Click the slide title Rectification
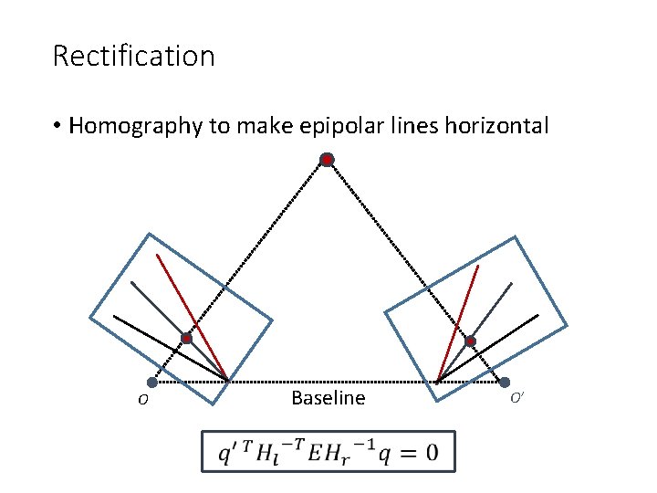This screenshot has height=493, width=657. pyautogui.click(x=133, y=56)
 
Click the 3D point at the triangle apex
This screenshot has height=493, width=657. pyautogui.click(x=327, y=160)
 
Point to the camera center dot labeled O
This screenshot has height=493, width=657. pyautogui.click(x=151, y=383)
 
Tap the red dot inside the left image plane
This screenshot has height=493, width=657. pyautogui.click(x=186, y=339)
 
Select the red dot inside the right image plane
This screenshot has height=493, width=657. pyautogui.click(x=471, y=342)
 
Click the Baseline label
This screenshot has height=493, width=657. pyautogui.click(x=328, y=398)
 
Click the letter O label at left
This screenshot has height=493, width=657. pyautogui.click(x=143, y=400)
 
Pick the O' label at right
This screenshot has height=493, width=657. pyautogui.click(x=516, y=398)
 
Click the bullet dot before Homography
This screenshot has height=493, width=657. pyautogui.click(x=57, y=126)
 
